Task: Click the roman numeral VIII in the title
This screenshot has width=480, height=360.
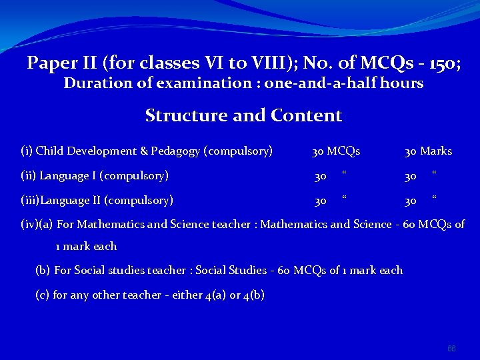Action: tap(279, 63)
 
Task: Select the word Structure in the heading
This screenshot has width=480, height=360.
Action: tap(186, 115)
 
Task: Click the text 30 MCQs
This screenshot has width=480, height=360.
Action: tap(336, 151)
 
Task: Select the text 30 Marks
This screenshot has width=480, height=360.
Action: tap(428, 151)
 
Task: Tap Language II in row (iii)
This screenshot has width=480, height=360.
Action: tap(74, 200)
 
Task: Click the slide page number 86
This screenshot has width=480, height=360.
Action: tap(451, 349)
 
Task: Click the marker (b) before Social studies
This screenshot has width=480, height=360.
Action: tap(43, 270)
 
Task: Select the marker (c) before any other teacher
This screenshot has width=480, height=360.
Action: tap(43, 295)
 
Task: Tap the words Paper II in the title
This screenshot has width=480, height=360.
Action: tap(62, 63)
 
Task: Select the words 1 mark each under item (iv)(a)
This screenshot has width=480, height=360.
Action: tap(86, 246)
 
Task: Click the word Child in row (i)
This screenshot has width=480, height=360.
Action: tap(49, 151)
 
